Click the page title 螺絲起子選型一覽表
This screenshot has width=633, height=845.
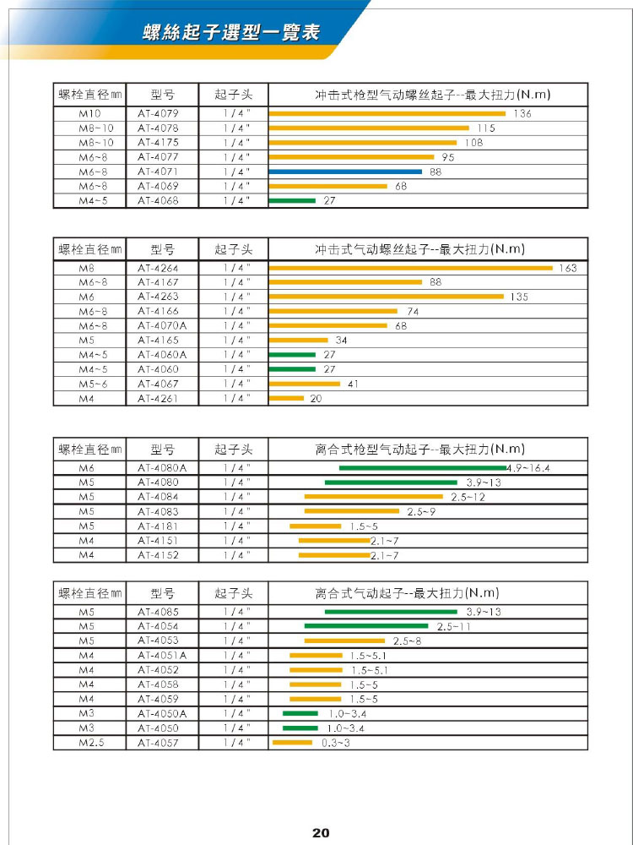(x=231, y=33)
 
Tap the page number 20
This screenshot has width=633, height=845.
(x=320, y=832)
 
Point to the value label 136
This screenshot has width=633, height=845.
(x=522, y=113)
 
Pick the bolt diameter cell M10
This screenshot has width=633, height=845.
(x=89, y=113)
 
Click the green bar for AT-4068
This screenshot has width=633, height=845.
(x=291, y=200)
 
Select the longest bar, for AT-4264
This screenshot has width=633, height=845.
(x=410, y=268)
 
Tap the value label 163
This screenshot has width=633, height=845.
(x=568, y=268)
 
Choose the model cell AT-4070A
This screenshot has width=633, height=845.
(x=161, y=326)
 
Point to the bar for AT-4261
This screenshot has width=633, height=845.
(x=286, y=398)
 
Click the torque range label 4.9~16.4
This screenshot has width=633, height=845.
(x=533, y=468)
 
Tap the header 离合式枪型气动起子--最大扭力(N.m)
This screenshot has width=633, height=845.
(x=419, y=449)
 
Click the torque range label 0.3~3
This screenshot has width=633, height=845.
(x=336, y=743)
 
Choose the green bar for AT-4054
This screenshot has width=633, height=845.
(x=367, y=626)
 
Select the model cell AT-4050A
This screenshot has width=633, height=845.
(x=161, y=714)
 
